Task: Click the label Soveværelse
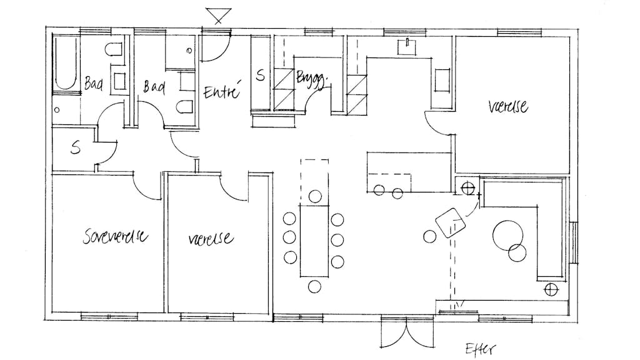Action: click(116, 236)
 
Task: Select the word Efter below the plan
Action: click(481, 349)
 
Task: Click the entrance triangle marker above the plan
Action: click(219, 16)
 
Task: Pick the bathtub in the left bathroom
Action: click(66, 63)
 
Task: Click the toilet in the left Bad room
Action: click(114, 49)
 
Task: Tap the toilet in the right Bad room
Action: click(185, 107)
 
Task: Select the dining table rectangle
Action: click(314, 241)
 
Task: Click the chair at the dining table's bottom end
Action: click(314, 286)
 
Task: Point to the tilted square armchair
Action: click(451, 223)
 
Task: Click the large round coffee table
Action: click(507, 236)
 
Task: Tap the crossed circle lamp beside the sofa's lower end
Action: click(551, 290)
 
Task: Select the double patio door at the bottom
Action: click(406, 332)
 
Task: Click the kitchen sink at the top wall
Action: click(407, 47)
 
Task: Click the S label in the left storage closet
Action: click(76, 147)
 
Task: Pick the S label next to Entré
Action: click(260, 75)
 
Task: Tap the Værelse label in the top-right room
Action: click(508, 107)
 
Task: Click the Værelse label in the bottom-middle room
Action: click(211, 238)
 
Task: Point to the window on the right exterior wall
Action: click(574, 242)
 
